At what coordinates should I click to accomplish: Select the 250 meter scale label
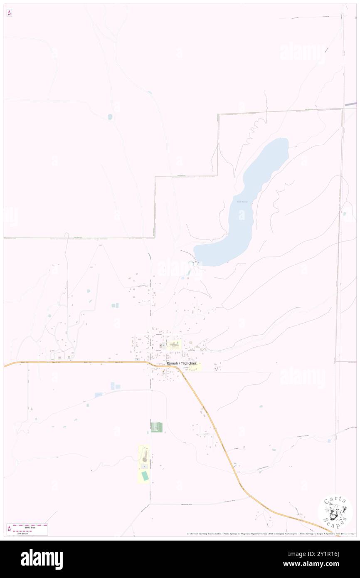click(22, 533)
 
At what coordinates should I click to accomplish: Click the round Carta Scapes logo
click(335, 511)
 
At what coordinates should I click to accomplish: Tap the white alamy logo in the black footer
click(42, 559)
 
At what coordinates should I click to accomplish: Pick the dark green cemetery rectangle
click(156, 427)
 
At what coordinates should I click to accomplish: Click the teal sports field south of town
click(145, 476)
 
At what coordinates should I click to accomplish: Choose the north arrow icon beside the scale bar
click(9, 529)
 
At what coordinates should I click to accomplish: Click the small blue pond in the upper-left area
click(110, 117)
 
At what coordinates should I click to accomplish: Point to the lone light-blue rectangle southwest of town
click(99, 395)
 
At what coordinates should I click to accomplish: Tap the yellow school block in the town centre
click(175, 345)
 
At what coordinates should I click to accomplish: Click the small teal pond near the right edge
click(344, 214)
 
